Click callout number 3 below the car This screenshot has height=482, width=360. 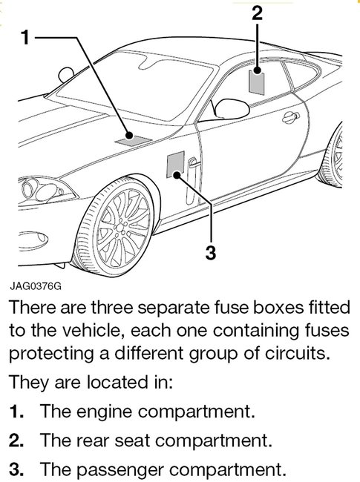pos(210,252)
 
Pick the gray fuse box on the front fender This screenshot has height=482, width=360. pos(175,165)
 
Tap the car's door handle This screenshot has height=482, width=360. pos(295,117)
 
